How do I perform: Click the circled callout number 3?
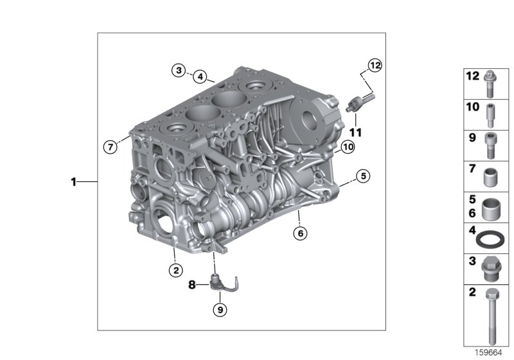click(x=179, y=70)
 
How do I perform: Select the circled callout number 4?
click(x=200, y=77)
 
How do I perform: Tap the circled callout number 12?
click(x=375, y=66)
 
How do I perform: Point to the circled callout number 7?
click(x=111, y=147)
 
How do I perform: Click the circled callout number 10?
click(x=348, y=147)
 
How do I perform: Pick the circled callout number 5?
click(x=363, y=176)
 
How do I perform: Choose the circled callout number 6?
click(x=300, y=233)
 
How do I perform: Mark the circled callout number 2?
click(x=176, y=270)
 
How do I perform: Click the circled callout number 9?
click(x=220, y=309)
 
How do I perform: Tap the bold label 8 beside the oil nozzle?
click(x=191, y=285)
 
